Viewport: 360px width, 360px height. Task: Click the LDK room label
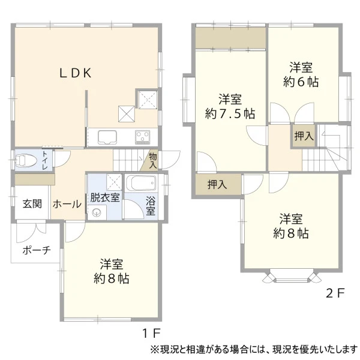coord(76,73)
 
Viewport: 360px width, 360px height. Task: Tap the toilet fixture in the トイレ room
coord(25,160)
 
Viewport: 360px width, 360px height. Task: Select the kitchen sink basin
coord(107,137)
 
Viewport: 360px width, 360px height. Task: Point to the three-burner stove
coord(143,137)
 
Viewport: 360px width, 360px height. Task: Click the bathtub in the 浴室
coord(141,183)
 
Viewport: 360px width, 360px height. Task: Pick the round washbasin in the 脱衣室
coord(97,213)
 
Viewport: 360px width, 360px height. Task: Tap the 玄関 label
coord(32,203)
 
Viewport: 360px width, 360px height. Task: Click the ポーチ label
coord(37,250)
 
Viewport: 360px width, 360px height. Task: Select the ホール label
coord(67,204)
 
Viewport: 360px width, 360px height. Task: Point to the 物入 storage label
coord(153,161)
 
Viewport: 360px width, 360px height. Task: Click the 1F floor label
coord(151,333)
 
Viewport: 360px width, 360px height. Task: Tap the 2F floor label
coord(335,293)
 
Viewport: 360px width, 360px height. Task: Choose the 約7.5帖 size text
coord(230,113)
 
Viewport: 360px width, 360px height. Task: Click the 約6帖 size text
coord(301,82)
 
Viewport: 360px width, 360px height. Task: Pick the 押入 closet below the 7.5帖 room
coord(217,184)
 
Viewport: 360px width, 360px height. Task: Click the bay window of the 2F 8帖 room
coord(292,277)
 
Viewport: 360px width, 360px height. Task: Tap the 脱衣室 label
coord(105,197)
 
